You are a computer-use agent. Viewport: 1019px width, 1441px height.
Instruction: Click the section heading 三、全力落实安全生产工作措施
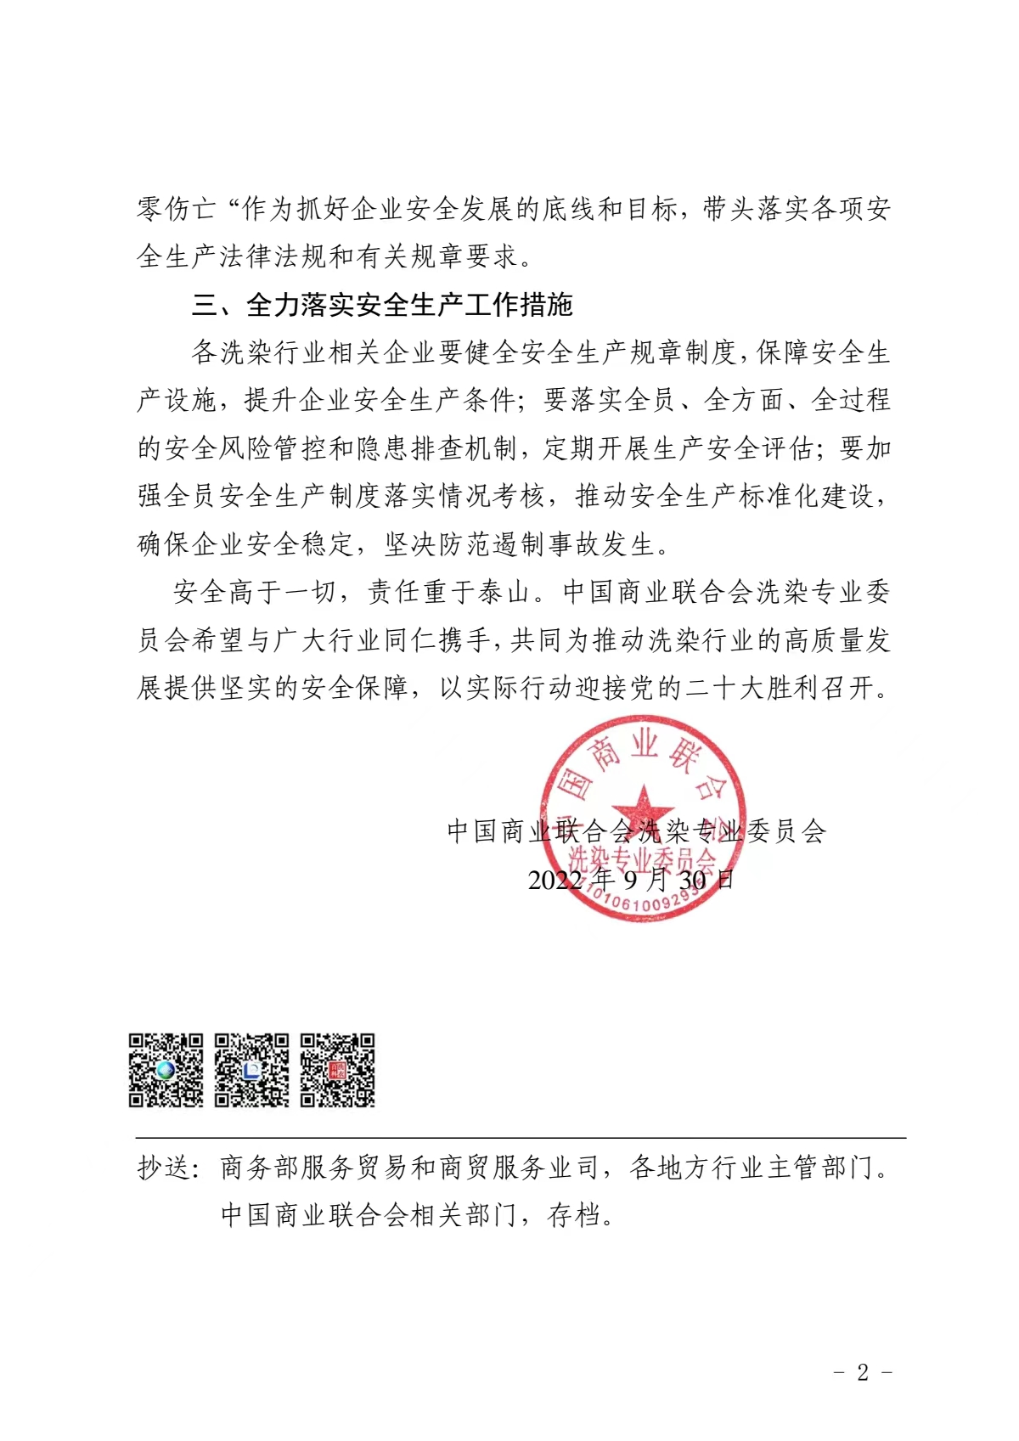click(382, 305)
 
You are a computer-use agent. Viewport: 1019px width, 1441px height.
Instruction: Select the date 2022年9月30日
click(630, 880)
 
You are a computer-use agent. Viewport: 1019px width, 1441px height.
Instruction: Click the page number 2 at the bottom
click(863, 1372)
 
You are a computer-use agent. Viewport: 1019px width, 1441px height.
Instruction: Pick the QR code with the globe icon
click(166, 1070)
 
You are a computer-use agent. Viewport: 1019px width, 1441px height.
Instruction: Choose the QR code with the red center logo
click(338, 1070)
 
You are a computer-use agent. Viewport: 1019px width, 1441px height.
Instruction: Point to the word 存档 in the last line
click(575, 1215)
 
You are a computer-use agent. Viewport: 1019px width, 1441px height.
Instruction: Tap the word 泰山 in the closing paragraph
click(504, 592)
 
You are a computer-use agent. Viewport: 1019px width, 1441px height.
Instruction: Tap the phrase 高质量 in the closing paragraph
click(811, 639)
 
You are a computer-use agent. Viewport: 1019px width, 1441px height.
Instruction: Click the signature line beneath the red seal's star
click(636, 831)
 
